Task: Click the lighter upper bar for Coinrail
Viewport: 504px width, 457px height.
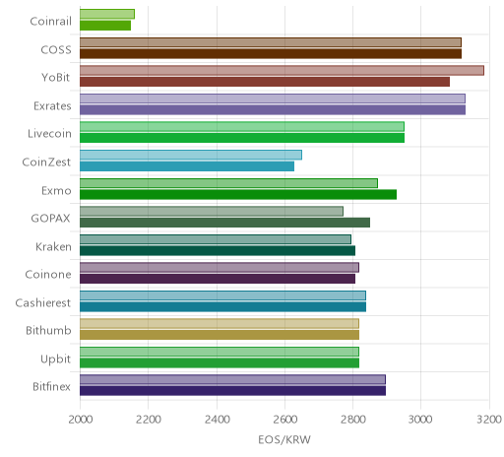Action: pos(107,15)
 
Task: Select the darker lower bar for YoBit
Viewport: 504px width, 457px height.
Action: pos(265,82)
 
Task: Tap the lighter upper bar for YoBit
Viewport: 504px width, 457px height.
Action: pos(282,71)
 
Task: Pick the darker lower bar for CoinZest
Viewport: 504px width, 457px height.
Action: pos(187,166)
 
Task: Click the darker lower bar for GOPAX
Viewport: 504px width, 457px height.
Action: pos(224,223)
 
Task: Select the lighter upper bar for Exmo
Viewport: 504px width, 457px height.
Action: pos(228,183)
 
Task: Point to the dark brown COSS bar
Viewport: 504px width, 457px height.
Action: pos(271,53)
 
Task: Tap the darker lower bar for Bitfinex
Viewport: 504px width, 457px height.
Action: pos(232,391)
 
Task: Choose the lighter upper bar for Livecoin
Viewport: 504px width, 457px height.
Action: pos(242,127)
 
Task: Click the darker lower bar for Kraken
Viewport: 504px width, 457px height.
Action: pos(218,251)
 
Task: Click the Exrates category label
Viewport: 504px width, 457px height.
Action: pos(52,106)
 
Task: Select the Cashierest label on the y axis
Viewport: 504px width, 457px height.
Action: pos(43,302)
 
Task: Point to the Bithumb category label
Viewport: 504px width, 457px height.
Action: pos(48,330)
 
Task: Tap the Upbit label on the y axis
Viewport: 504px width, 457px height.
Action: pos(56,359)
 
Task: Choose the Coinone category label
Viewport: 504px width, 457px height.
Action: pos(48,275)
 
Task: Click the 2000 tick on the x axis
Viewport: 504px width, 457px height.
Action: pos(81,420)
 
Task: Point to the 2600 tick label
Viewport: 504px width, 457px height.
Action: pos(285,420)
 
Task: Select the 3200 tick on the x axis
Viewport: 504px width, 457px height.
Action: pos(489,420)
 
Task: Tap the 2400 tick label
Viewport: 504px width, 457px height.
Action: pos(217,420)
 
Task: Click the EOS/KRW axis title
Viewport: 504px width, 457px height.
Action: pos(284,440)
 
